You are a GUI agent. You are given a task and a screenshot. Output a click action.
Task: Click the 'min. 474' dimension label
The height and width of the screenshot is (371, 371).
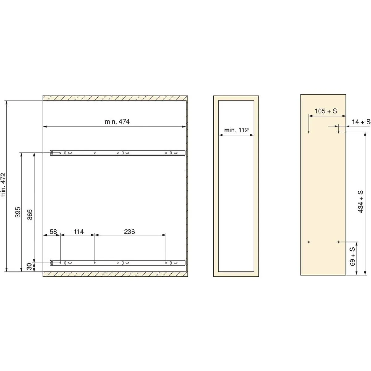pos(117,122)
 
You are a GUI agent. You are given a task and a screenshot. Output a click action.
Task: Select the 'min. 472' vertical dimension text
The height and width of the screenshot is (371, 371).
pos(4,185)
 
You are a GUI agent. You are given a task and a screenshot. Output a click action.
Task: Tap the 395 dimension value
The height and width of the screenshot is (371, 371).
pos(18,212)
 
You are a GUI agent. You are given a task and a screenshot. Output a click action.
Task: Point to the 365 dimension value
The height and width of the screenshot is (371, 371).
pos(30,215)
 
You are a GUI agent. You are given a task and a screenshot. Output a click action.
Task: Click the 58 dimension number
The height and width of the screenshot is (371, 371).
pos(53,232)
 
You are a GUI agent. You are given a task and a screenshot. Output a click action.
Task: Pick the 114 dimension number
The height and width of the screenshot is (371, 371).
pos(79,232)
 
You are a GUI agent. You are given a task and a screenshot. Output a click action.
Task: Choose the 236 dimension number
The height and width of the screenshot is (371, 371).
pos(129,232)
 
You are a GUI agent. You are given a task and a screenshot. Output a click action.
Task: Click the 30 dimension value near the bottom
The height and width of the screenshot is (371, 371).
pos(29,267)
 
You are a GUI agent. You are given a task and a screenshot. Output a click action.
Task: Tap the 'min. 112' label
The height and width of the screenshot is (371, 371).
pos(236,130)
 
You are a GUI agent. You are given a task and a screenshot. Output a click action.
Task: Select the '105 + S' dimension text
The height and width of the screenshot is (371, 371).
pos(326,111)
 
